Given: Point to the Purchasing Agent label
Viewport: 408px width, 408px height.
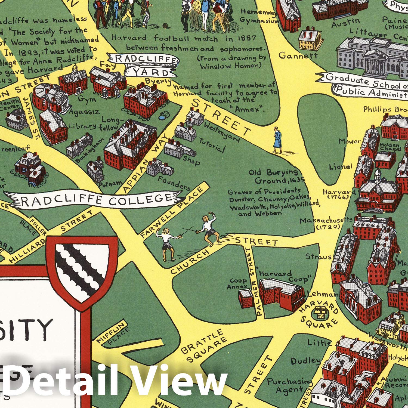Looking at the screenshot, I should tap(289, 385).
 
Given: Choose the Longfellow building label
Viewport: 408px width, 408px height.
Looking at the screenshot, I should tap(110, 123).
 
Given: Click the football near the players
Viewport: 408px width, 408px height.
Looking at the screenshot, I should tap(165, 26).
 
